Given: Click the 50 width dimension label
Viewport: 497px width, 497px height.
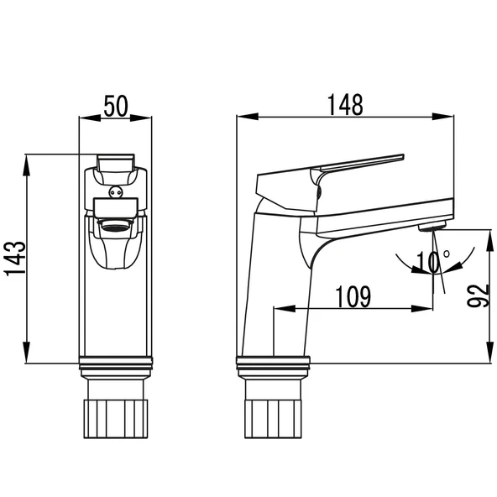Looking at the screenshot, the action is [116, 106].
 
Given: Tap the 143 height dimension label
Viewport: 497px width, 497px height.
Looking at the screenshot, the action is [14, 259].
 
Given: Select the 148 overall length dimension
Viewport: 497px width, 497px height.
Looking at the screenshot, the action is [345, 105].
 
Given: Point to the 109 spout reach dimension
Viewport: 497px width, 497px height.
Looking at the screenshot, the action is [353, 296].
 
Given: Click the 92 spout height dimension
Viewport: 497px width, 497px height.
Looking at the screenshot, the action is [477, 296].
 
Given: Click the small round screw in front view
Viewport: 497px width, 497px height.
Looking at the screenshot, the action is [115, 191].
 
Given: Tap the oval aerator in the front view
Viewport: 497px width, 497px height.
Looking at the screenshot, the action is [116, 227].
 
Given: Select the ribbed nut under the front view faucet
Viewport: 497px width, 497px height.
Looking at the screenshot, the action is [116, 419].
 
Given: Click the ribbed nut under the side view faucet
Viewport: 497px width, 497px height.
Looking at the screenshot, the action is [273, 419].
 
